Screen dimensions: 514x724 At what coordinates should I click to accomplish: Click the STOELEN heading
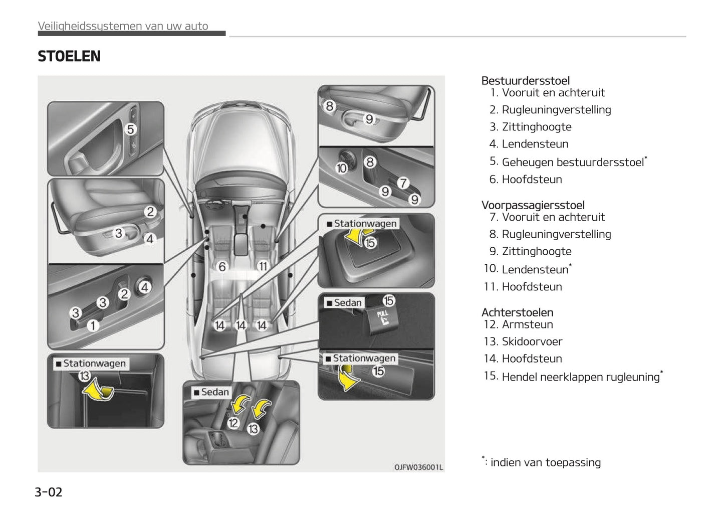[x=69, y=56]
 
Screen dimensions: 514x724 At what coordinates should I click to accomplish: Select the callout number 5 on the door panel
[x=131, y=129]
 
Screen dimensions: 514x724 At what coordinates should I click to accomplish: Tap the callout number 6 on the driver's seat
[x=222, y=267]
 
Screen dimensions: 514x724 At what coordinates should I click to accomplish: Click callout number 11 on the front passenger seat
[x=263, y=267]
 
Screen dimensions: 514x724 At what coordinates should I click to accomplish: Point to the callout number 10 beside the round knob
[x=341, y=168]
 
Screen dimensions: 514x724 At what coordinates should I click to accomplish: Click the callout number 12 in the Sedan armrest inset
[x=233, y=423]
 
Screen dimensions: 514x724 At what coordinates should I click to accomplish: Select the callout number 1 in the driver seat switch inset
[x=93, y=326]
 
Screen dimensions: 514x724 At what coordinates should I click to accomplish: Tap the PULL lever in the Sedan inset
[x=382, y=318]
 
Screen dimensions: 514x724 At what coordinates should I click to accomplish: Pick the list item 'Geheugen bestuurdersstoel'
[x=573, y=162]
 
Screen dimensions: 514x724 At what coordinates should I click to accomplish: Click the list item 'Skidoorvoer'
[x=532, y=341]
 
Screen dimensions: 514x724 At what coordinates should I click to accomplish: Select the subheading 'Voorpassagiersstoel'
[x=533, y=205]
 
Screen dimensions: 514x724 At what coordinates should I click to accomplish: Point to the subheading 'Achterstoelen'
[x=517, y=312]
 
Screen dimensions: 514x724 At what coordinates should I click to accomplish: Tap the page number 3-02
[x=49, y=492]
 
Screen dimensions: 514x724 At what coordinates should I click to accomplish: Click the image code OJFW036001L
[x=418, y=467]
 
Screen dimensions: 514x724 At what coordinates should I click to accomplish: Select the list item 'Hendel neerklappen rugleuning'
[x=580, y=377]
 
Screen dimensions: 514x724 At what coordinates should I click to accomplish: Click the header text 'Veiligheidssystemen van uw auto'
[x=123, y=26]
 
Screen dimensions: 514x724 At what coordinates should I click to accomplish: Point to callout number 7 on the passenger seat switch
[x=403, y=184]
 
